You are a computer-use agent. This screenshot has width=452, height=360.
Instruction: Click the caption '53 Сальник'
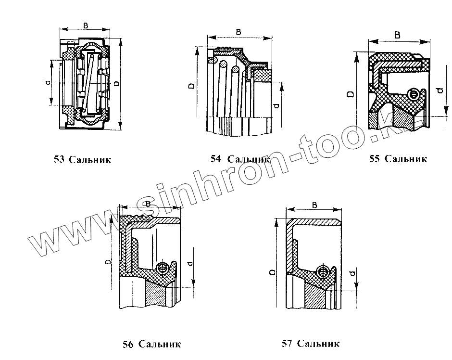83,160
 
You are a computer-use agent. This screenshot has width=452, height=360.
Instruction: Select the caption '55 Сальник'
398,159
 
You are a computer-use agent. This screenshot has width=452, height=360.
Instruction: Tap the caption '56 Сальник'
151,344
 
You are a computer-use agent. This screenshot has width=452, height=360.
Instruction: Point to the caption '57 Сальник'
310,344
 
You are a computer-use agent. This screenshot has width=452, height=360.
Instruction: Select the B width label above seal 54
239,32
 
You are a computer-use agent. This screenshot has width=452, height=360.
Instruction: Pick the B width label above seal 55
397,35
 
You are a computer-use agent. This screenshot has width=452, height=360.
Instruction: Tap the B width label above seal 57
314,206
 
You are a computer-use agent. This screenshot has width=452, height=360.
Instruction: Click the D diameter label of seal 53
117,84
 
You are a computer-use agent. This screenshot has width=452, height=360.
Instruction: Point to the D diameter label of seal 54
191,87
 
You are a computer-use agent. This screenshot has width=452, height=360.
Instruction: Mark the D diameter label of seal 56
109,261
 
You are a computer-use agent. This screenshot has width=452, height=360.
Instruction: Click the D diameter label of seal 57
273,272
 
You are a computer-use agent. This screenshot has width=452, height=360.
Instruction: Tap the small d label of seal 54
275,106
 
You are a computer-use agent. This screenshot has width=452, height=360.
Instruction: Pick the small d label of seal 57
353,275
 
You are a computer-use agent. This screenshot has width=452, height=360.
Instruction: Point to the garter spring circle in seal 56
162,267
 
